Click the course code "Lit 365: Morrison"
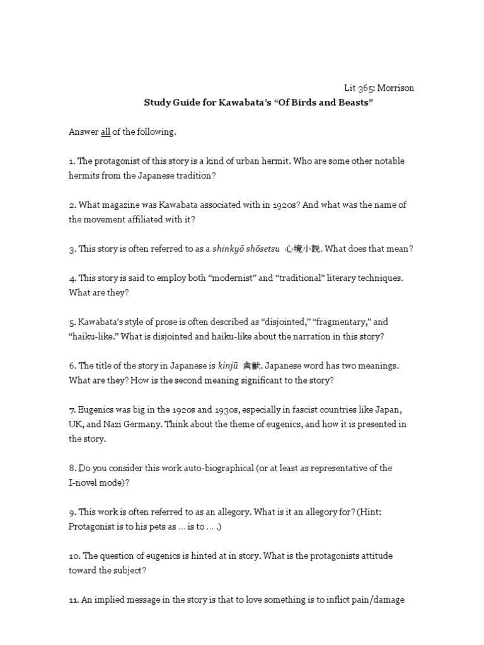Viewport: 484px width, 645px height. pyautogui.click(x=379, y=88)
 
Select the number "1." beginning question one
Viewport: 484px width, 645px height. pyautogui.click(x=72, y=161)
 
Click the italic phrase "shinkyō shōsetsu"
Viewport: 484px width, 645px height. pyautogui.click(x=244, y=249)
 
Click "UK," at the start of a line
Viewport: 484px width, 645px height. pyautogui.click(x=78, y=425)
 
